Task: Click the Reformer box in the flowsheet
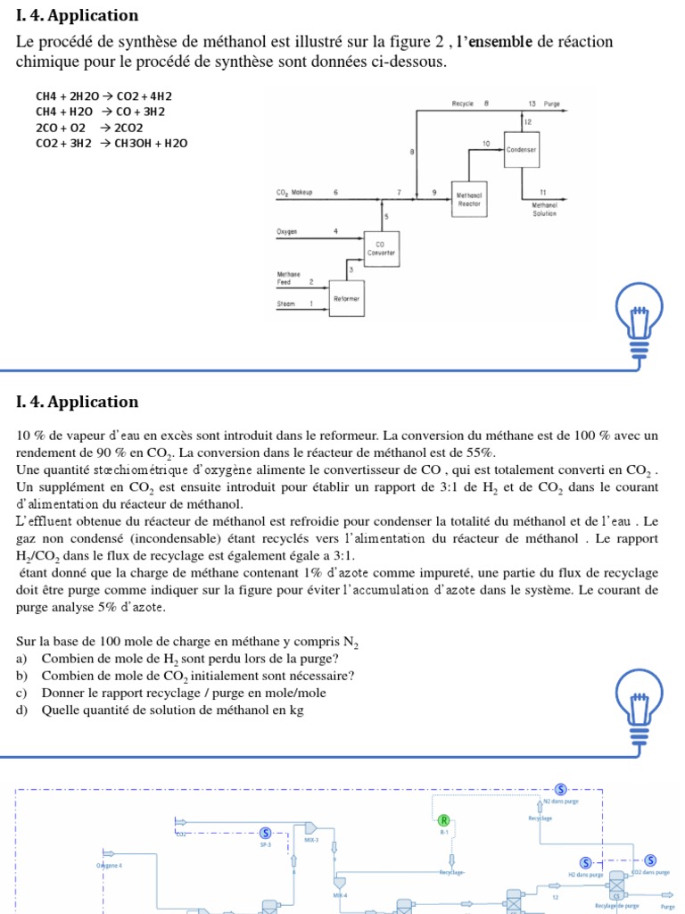pyautogui.click(x=346, y=299)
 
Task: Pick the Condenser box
pyautogui.click(x=521, y=150)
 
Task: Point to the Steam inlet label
pyautogui.click(x=285, y=303)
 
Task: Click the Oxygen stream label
pyautogui.click(x=286, y=231)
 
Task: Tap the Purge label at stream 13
pyautogui.click(x=552, y=104)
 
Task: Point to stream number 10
pyautogui.click(x=486, y=143)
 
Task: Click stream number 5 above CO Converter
pyautogui.click(x=386, y=216)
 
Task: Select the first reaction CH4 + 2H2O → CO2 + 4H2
pyautogui.click(x=104, y=96)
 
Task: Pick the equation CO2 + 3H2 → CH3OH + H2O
pyautogui.click(x=111, y=143)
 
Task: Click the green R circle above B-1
pyautogui.click(x=443, y=819)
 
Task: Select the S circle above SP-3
pyautogui.click(x=265, y=832)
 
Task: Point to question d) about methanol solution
pyautogui.click(x=161, y=710)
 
